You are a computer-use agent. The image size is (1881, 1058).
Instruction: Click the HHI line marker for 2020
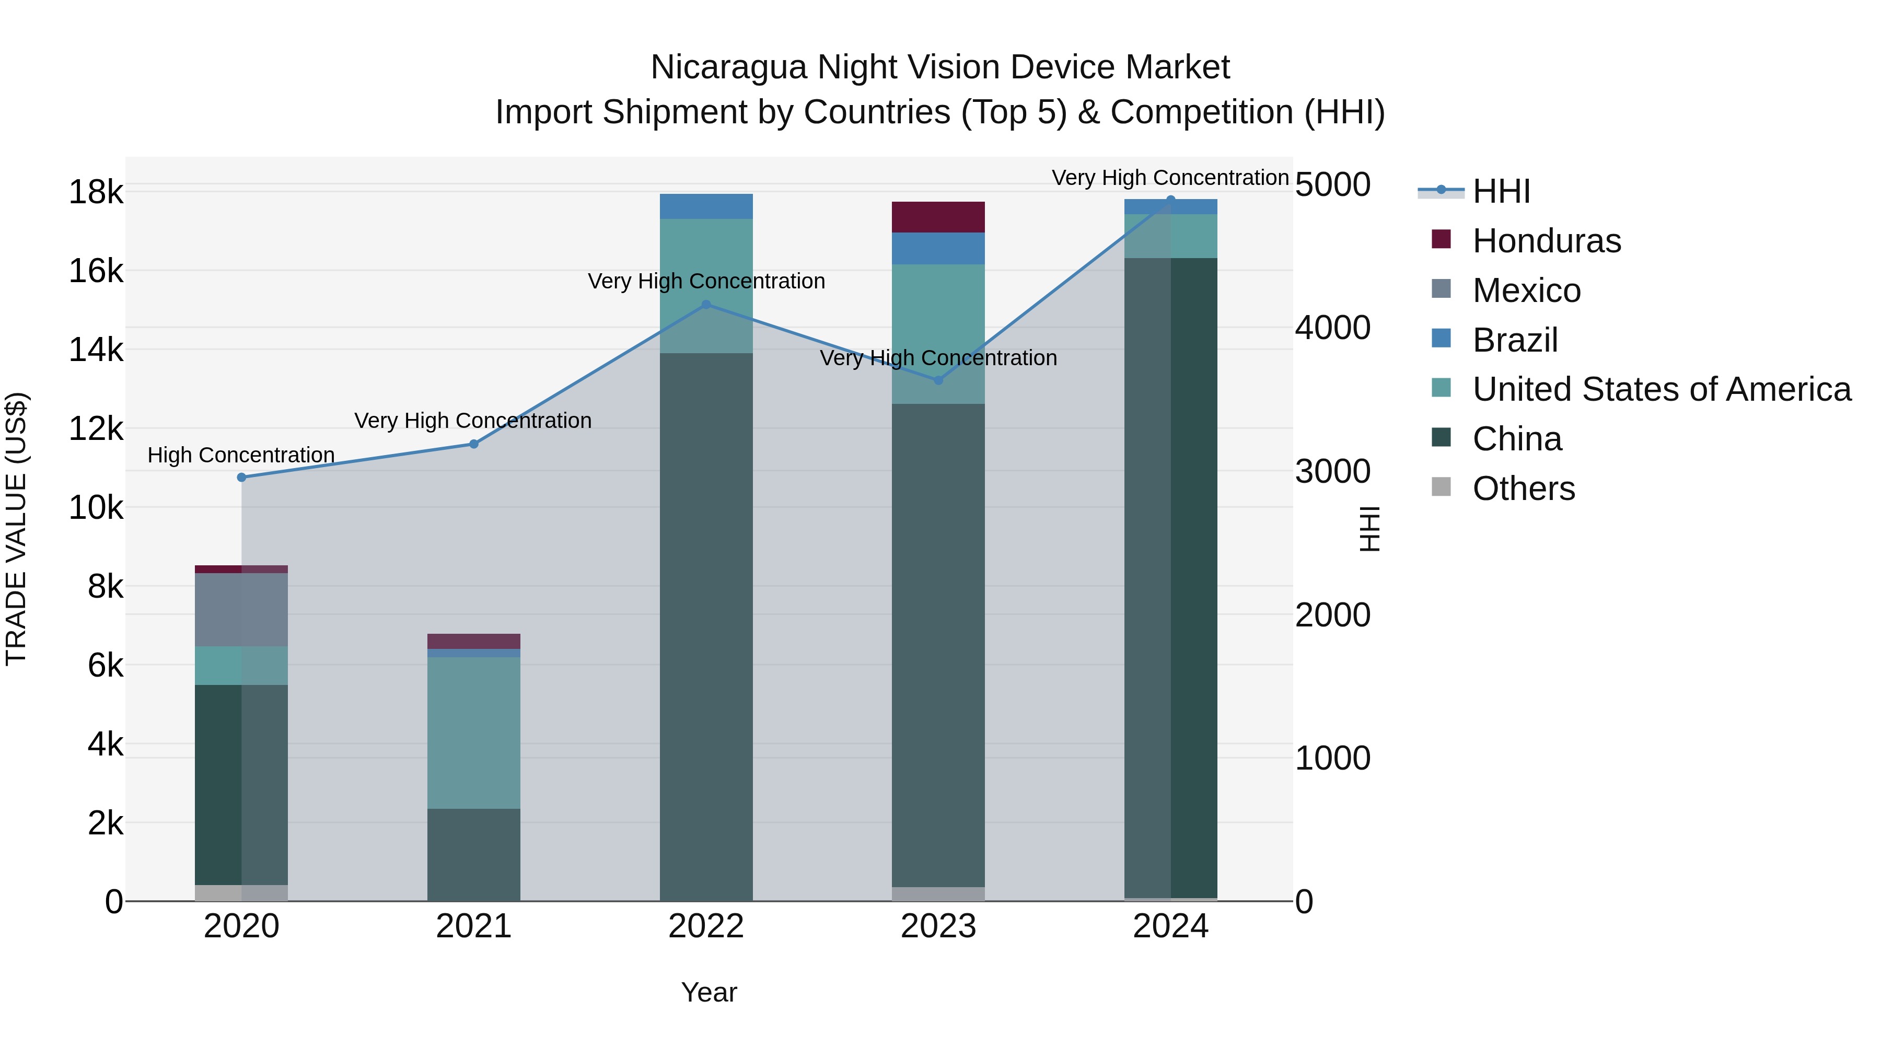242,478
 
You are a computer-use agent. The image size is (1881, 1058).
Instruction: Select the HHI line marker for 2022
706,305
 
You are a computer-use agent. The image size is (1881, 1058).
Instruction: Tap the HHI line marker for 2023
938,380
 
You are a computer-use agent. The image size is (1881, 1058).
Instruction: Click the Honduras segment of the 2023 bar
938,217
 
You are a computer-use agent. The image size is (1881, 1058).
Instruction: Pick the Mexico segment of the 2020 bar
242,610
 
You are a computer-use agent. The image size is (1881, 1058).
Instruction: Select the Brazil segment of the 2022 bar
706,206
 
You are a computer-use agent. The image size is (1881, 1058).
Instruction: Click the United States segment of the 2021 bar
474,733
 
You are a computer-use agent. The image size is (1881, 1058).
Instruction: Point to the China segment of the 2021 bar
474,854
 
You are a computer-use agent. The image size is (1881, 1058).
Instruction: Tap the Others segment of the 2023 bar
938,894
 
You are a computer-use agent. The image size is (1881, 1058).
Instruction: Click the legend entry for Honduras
1546,241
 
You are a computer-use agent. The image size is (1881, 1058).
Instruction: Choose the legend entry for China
1517,439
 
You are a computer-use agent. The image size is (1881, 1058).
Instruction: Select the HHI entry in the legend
1501,191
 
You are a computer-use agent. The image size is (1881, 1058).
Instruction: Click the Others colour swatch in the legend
1441,486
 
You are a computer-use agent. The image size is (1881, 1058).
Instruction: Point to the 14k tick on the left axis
96,350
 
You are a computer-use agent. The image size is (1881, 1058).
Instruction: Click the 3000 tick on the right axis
1332,472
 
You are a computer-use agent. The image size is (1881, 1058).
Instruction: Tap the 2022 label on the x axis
706,926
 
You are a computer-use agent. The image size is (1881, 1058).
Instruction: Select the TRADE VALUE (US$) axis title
16,529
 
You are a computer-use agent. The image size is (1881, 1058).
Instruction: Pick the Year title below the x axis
709,992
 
